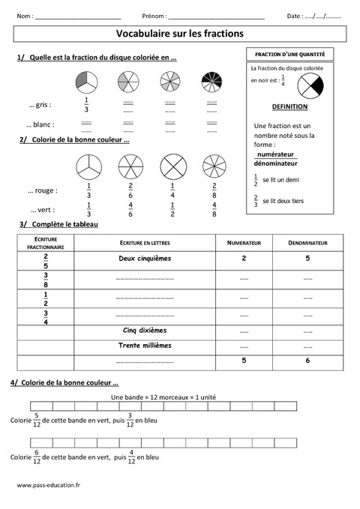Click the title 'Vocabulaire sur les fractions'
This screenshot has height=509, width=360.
180,33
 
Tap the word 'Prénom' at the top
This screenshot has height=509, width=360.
153,15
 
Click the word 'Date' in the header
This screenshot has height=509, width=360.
294,15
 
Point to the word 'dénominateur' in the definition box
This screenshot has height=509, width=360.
276,163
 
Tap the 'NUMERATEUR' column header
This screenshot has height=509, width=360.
243,243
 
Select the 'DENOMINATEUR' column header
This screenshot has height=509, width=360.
307,243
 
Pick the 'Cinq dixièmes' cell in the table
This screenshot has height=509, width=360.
145,329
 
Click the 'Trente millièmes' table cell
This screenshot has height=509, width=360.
145,346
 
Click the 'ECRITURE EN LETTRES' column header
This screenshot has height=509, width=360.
145,243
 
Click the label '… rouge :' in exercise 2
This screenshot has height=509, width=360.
42,190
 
